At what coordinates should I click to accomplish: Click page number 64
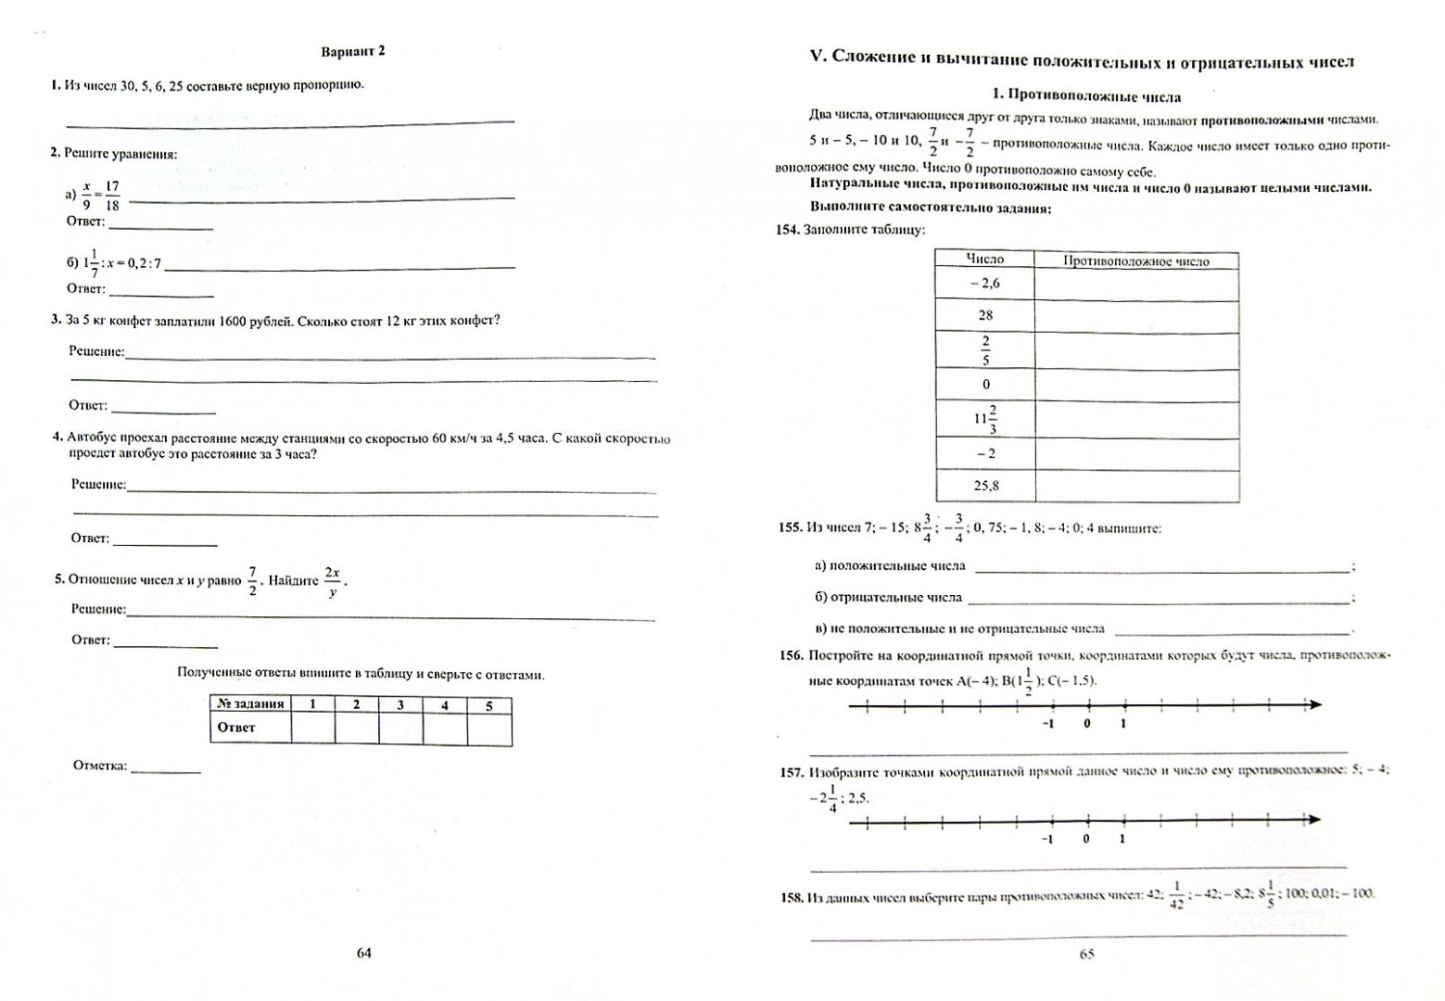[363, 954]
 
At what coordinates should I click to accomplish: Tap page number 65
[1087, 955]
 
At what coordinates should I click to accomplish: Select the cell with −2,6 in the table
[984, 284]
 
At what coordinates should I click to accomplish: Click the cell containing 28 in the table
[984, 315]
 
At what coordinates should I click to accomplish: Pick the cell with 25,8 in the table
[984, 486]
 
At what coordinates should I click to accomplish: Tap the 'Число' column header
[984, 260]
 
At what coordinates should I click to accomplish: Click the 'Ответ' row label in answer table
[236, 728]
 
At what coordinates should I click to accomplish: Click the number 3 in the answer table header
[400, 704]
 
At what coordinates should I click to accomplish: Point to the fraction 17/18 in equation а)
[112, 196]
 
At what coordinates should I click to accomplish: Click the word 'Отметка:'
[100, 766]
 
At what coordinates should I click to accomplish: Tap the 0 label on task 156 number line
[1086, 723]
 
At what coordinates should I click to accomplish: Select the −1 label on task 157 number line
[1047, 839]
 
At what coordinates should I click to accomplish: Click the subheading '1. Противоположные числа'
[1086, 95]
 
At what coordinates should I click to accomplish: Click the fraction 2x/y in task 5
[332, 582]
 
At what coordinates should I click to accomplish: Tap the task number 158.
[791, 897]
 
